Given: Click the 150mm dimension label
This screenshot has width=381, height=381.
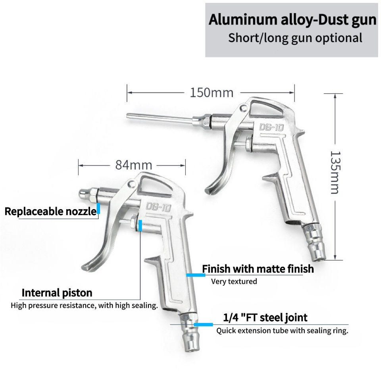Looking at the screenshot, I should [x=211, y=93].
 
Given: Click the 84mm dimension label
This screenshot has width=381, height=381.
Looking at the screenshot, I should [x=128, y=164].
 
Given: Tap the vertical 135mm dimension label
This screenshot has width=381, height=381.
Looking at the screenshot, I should [x=335, y=172].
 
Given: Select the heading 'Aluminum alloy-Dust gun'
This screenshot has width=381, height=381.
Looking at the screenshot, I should [x=292, y=20].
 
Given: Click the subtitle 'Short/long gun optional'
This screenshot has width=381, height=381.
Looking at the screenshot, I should [x=295, y=38].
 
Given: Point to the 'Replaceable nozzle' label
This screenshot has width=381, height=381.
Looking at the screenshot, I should [x=50, y=211].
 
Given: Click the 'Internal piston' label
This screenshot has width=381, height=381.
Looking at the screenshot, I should [x=57, y=293].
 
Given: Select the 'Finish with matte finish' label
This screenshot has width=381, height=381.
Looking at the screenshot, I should [x=258, y=269].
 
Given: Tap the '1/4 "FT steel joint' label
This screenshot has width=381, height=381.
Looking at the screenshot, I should [x=265, y=317].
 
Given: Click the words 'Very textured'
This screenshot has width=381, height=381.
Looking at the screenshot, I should [x=234, y=281].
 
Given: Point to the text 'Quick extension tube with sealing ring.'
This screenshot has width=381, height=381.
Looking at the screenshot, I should [x=282, y=331].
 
